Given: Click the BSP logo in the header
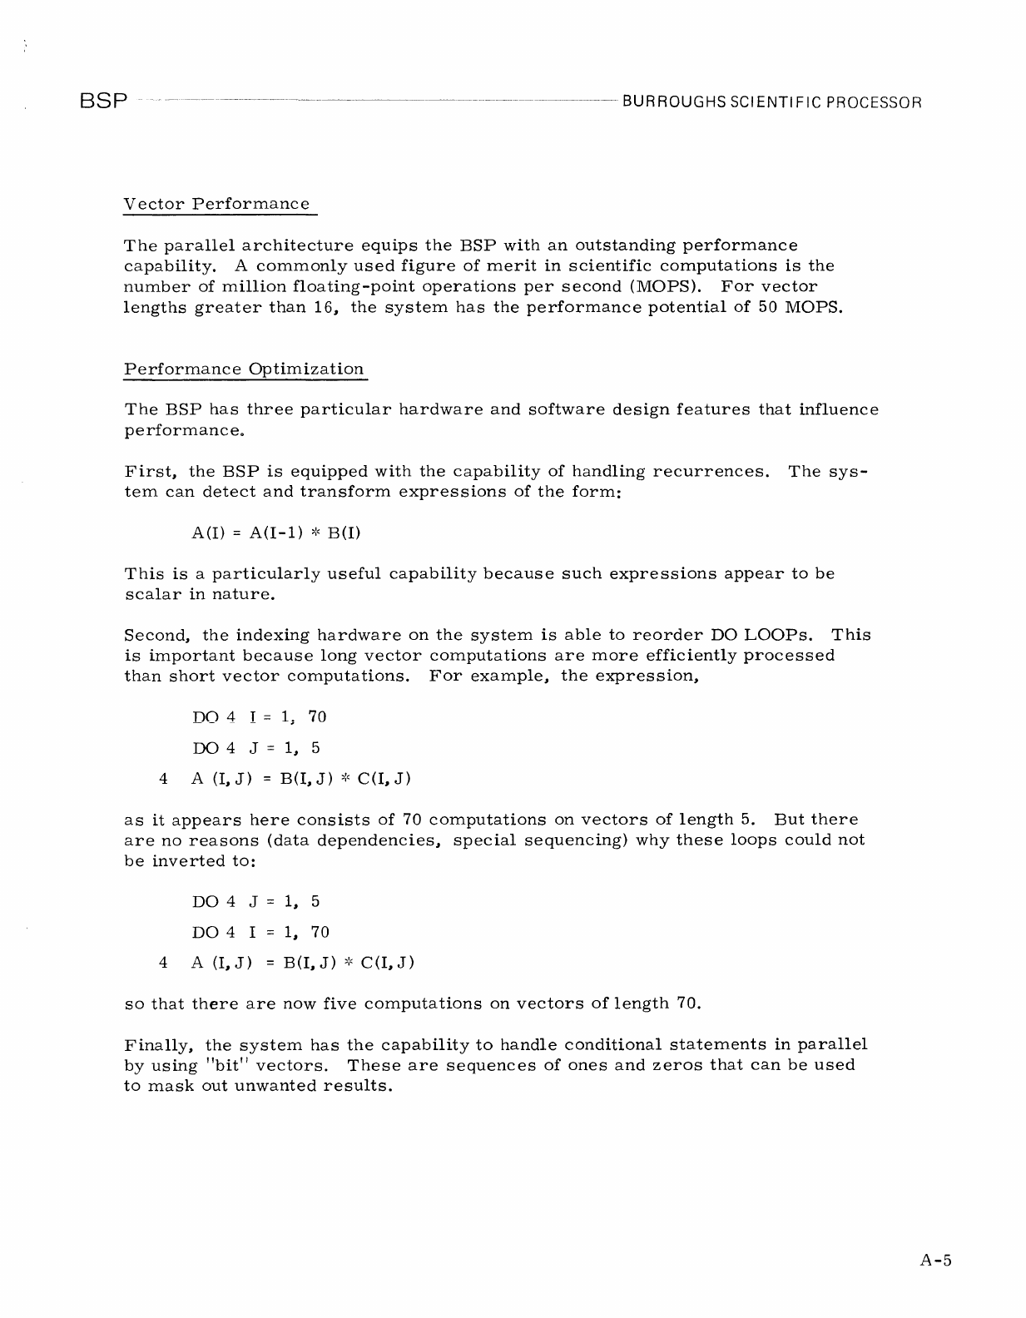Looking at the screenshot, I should point(104,102).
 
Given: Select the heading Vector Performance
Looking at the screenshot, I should point(216,204).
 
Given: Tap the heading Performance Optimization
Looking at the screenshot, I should point(244,369).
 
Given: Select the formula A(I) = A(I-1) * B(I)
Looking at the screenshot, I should point(275,533).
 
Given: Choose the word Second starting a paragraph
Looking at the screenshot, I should point(158,635).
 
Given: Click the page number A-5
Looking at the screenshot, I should point(935,1260).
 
